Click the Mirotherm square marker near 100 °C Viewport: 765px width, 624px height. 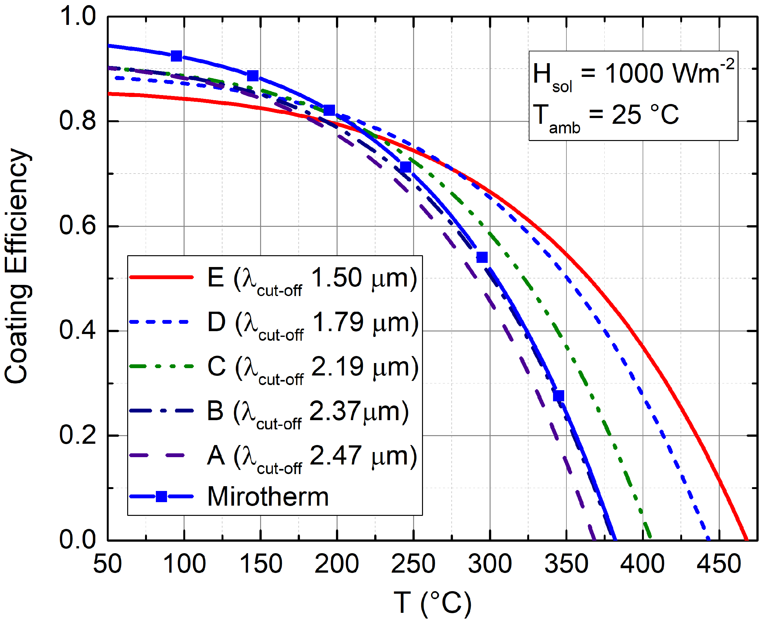coord(176,56)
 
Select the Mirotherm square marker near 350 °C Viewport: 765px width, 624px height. coord(558,396)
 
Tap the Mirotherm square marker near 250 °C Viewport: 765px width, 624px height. coord(405,167)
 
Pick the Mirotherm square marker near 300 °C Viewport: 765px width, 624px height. coord(482,257)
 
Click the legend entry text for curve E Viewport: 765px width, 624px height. coord(312,279)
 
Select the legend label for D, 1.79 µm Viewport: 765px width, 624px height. coord(313,323)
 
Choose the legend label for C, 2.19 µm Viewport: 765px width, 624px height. coord(313,368)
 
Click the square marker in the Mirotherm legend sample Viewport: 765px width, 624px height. coord(162,497)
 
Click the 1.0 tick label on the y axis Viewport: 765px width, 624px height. coord(77,17)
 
